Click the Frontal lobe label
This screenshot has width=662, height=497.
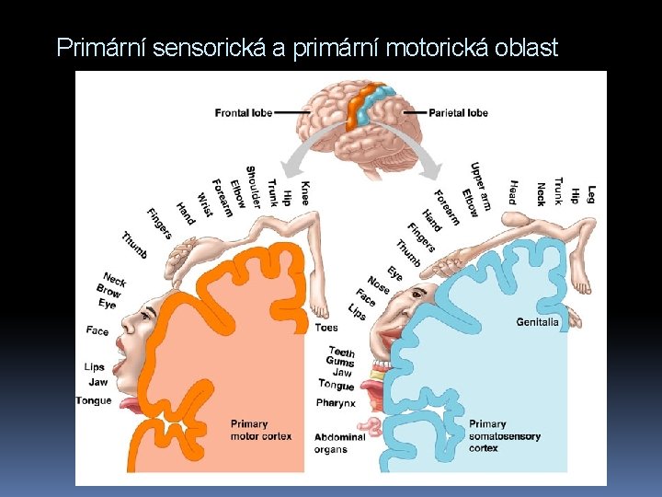(243, 113)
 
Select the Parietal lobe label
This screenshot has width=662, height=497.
(459, 113)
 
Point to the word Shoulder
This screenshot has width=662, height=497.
(250, 187)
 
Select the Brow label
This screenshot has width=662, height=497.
(108, 291)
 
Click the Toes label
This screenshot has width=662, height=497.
(325, 328)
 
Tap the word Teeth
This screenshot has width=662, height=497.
(341, 352)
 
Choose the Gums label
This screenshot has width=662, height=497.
(341, 363)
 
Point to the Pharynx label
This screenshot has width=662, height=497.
(336, 402)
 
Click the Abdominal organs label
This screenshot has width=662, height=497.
(339, 443)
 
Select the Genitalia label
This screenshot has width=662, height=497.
(537, 322)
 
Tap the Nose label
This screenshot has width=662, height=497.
(378, 285)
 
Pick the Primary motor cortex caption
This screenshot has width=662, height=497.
(249, 430)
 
